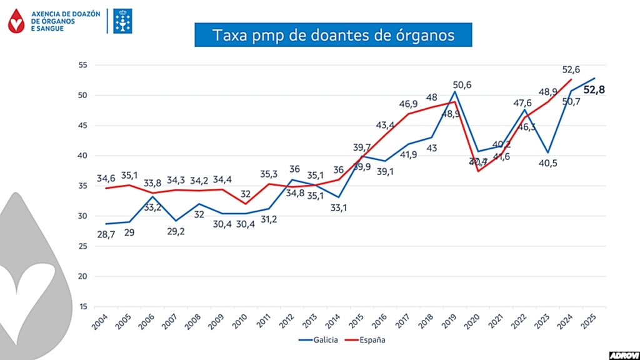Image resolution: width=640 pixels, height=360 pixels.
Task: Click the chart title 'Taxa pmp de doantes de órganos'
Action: pos(333,34)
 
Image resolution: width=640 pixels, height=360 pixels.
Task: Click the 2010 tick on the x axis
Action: pos(241,321)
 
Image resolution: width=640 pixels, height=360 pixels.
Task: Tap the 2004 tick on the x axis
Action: pos(100,321)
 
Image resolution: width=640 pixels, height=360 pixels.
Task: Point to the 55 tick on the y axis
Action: pos(82,65)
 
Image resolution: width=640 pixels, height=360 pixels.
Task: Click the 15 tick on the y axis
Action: pos(82,306)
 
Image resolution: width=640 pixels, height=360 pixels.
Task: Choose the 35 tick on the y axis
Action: pos(82,186)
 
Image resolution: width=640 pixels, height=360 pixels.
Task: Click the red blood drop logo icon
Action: pos(17,21)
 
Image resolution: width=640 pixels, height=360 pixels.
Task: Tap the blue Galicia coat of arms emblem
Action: pos(123,21)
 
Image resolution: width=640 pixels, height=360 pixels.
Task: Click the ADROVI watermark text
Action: pos(624,354)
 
